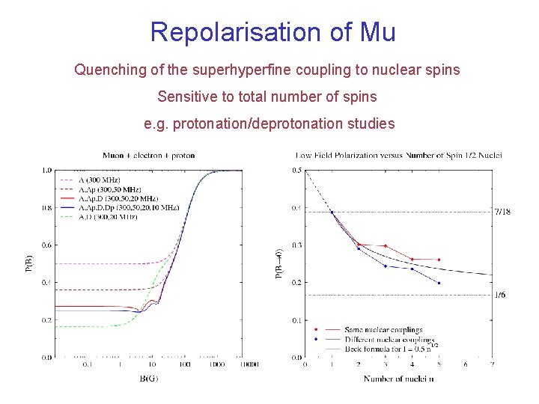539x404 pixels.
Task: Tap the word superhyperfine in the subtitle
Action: (233, 70)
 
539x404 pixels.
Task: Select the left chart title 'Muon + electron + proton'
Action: (148, 156)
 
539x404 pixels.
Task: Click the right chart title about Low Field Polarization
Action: (399, 156)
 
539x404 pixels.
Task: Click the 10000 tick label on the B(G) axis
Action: (250, 365)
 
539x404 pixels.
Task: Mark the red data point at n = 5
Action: (439, 260)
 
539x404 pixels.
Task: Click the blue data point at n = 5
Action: (439, 283)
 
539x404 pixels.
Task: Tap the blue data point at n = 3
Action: (385, 266)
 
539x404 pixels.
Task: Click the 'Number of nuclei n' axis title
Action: (399, 379)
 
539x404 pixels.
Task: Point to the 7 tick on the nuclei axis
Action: (492, 365)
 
